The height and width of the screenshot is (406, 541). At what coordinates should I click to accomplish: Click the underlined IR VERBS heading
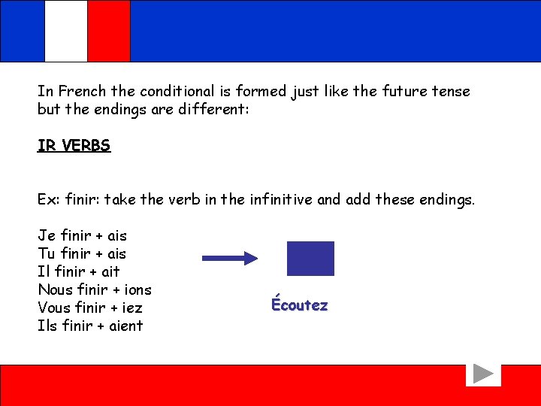[x=74, y=146]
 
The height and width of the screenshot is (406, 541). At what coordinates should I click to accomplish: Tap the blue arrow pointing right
[x=230, y=258]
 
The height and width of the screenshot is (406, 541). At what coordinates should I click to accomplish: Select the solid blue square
[x=310, y=258]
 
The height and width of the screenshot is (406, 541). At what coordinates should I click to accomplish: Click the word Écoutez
[x=299, y=305]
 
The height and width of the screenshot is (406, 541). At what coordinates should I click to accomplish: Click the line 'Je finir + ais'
[x=82, y=235]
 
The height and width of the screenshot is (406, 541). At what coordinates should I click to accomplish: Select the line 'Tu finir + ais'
[x=82, y=253]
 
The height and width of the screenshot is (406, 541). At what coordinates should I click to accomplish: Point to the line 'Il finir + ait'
[x=78, y=271]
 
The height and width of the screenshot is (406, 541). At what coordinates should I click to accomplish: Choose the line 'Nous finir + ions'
[x=94, y=289]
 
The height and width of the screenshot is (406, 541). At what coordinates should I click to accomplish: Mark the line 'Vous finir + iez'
[x=89, y=308]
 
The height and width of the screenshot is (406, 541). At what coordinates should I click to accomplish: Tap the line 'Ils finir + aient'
[x=89, y=326]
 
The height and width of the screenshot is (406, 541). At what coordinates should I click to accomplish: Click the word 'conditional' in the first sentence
[x=174, y=92]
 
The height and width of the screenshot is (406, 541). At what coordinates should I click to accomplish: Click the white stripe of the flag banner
[x=66, y=30]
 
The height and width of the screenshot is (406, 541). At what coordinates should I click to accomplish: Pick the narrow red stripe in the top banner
[x=109, y=30]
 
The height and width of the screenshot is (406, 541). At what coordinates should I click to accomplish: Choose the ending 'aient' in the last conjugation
[x=124, y=326]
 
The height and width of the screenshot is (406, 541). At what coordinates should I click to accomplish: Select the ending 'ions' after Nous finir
[x=137, y=289]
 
